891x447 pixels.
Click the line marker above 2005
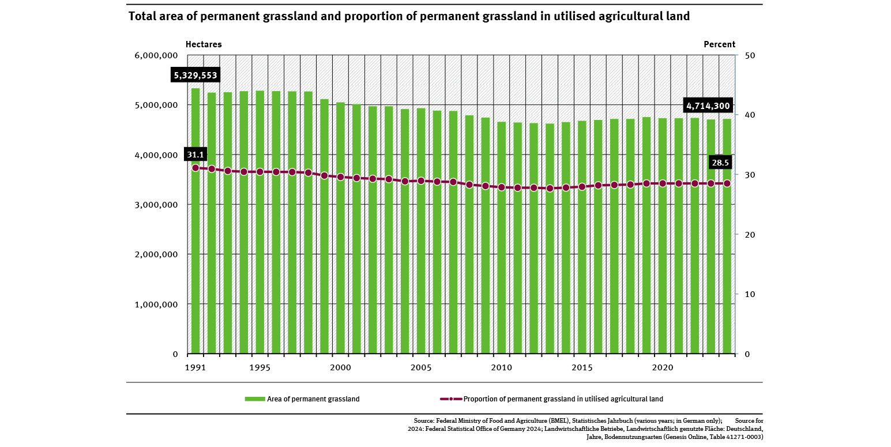[x=421, y=181]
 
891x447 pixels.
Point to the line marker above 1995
[x=260, y=172]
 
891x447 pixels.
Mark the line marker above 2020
[x=663, y=183]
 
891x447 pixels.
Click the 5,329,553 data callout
[x=196, y=75]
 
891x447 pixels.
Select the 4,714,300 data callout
[x=708, y=106]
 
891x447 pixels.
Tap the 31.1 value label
[x=196, y=154]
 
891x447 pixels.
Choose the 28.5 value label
[x=720, y=163]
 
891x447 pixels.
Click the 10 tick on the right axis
[x=748, y=294]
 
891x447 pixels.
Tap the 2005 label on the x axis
[x=421, y=367]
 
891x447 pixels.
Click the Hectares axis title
[x=204, y=44]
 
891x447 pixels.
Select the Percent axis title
[x=719, y=44]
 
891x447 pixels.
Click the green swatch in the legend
[x=254, y=399]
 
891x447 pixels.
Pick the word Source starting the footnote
[x=424, y=420]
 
